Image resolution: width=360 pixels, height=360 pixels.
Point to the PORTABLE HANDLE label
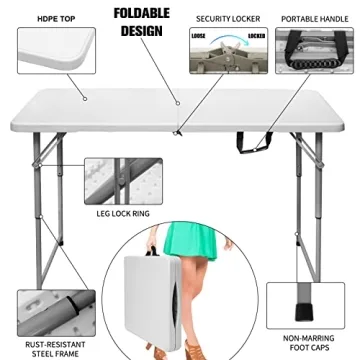[314, 18]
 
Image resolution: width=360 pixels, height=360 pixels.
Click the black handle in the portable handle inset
[315, 60]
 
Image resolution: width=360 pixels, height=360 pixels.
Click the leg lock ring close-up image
[112, 178]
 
